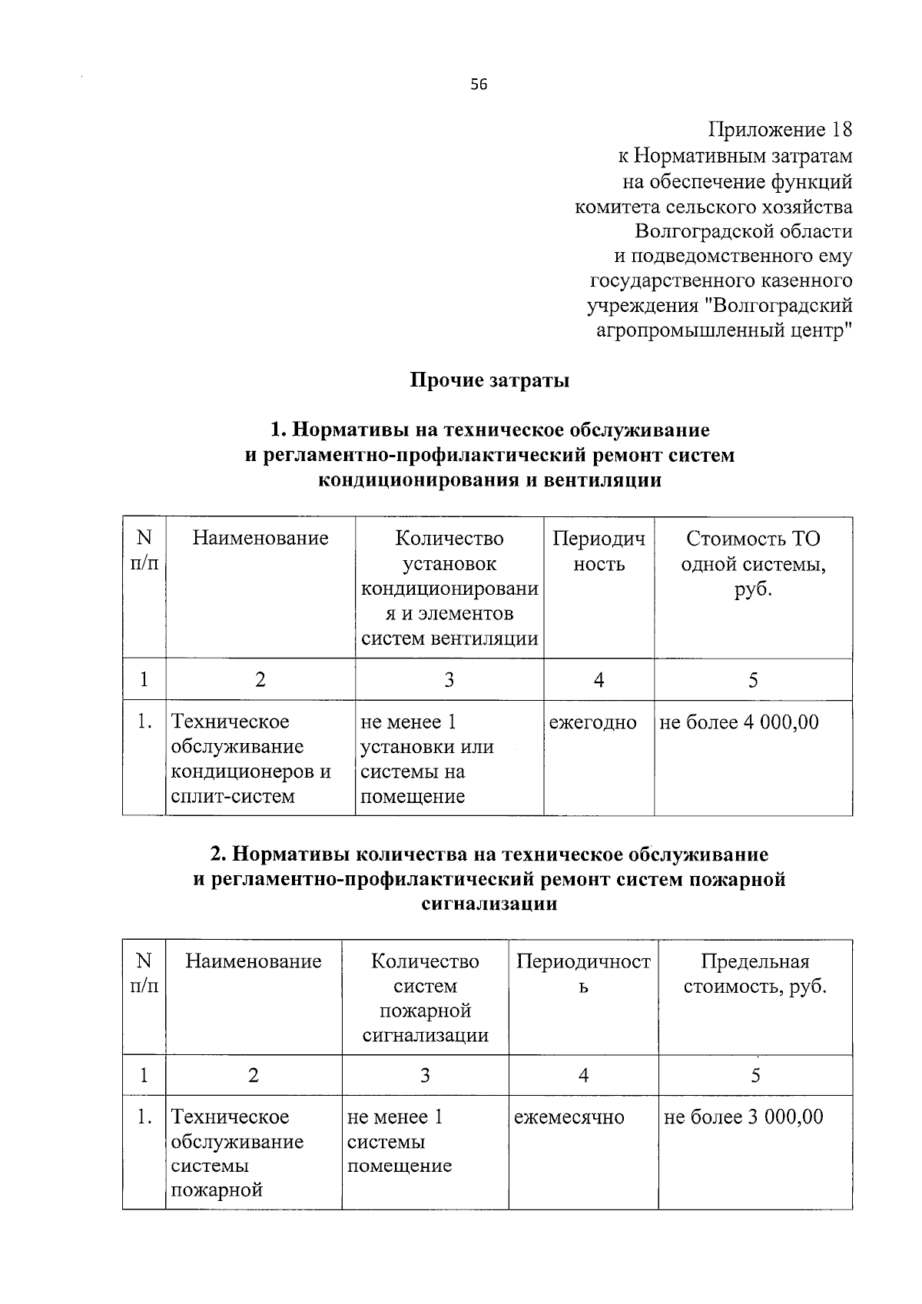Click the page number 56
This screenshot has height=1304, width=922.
point(479,85)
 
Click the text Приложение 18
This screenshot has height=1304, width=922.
point(779,129)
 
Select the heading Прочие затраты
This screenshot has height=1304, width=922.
point(489,380)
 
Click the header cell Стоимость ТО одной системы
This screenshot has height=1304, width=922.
point(753,563)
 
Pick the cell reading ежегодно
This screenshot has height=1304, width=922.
point(593,723)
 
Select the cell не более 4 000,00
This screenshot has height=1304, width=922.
point(739,722)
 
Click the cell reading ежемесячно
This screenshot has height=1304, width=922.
point(569,1117)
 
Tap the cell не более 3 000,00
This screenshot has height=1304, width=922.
point(743,1117)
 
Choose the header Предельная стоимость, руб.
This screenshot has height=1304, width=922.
point(755,974)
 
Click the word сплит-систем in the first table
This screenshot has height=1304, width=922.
point(233,797)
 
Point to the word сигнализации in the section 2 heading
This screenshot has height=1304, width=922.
point(489,904)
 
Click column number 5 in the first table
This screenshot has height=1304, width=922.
point(753,680)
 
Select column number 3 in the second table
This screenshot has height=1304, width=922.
point(425,1075)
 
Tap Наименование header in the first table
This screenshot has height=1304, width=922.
point(260,538)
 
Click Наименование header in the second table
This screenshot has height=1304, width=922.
point(254,961)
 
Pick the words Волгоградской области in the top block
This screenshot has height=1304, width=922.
point(743,231)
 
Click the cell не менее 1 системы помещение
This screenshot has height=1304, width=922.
point(400,1141)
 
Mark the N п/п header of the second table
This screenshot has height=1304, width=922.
point(144,974)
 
